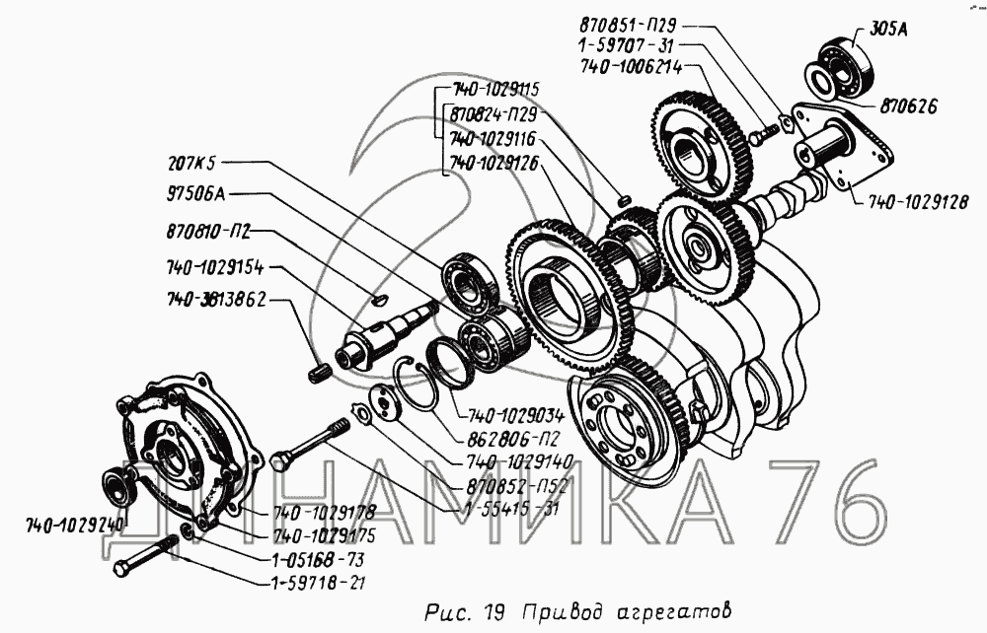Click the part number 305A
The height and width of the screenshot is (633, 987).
pyautogui.click(x=889, y=30)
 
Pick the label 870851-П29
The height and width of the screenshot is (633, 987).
pyautogui.click(x=628, y=26)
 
